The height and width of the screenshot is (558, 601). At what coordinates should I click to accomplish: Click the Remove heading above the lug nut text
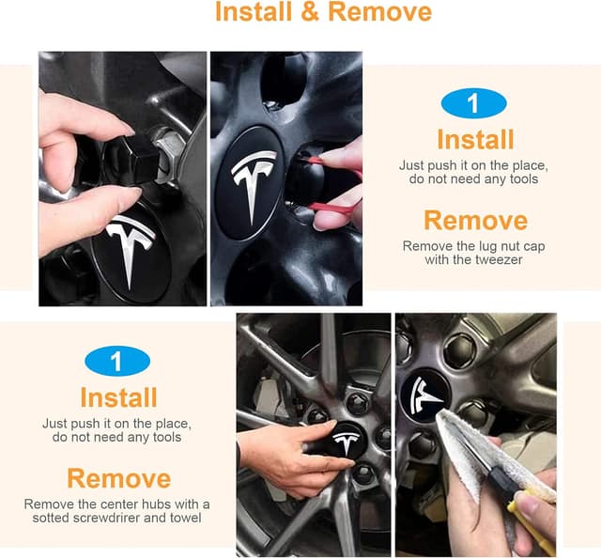(475, 220)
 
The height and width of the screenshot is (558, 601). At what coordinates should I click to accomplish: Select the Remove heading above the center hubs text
(118, 477)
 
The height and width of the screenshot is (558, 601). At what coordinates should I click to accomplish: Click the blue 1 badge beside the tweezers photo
(474, 103)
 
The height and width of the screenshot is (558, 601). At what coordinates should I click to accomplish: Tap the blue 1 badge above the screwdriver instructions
(117, 361)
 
